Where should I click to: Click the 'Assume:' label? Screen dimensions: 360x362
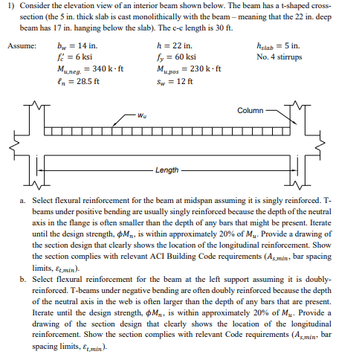pos(22,45)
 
